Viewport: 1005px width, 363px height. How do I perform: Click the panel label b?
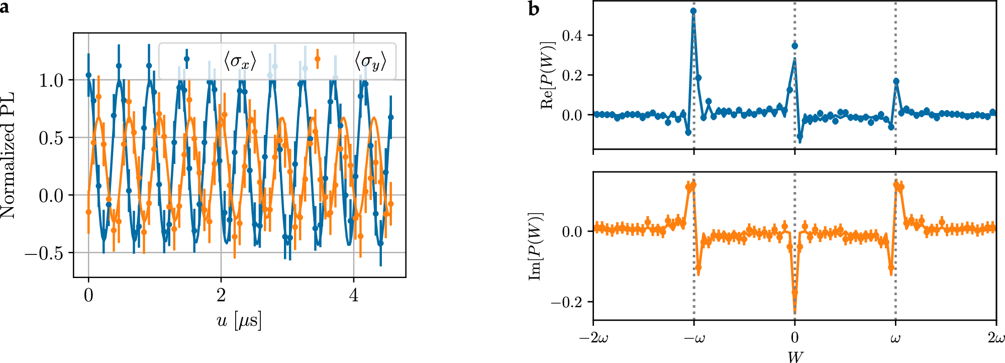(534, 9)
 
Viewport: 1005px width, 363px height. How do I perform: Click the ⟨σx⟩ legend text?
(240, 61)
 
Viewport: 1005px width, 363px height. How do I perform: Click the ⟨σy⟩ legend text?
(370, 61)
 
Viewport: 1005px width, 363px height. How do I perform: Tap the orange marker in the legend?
(317, 59)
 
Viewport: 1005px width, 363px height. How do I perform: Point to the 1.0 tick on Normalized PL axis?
(51, 80)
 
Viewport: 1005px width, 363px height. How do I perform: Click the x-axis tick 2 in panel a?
(221, 296)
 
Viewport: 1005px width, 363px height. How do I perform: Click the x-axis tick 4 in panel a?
(354, 296)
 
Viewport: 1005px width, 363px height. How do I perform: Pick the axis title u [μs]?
(239, 321)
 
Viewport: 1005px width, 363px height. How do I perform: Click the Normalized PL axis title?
(8, 155)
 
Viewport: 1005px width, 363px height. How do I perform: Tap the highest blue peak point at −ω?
(693, 11)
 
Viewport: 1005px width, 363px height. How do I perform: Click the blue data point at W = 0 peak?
(794, 46)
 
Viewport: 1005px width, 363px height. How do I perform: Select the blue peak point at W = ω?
(896, 81)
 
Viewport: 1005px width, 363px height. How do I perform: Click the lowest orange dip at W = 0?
(794, 292)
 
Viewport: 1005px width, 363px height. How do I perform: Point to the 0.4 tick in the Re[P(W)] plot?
(572, 36)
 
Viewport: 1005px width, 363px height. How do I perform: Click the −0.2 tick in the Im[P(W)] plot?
(565, 302)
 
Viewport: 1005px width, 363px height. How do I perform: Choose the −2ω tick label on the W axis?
(593, 338)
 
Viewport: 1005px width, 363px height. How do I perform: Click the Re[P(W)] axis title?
(548, 75)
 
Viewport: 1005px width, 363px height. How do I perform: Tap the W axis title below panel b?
(795, 356)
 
